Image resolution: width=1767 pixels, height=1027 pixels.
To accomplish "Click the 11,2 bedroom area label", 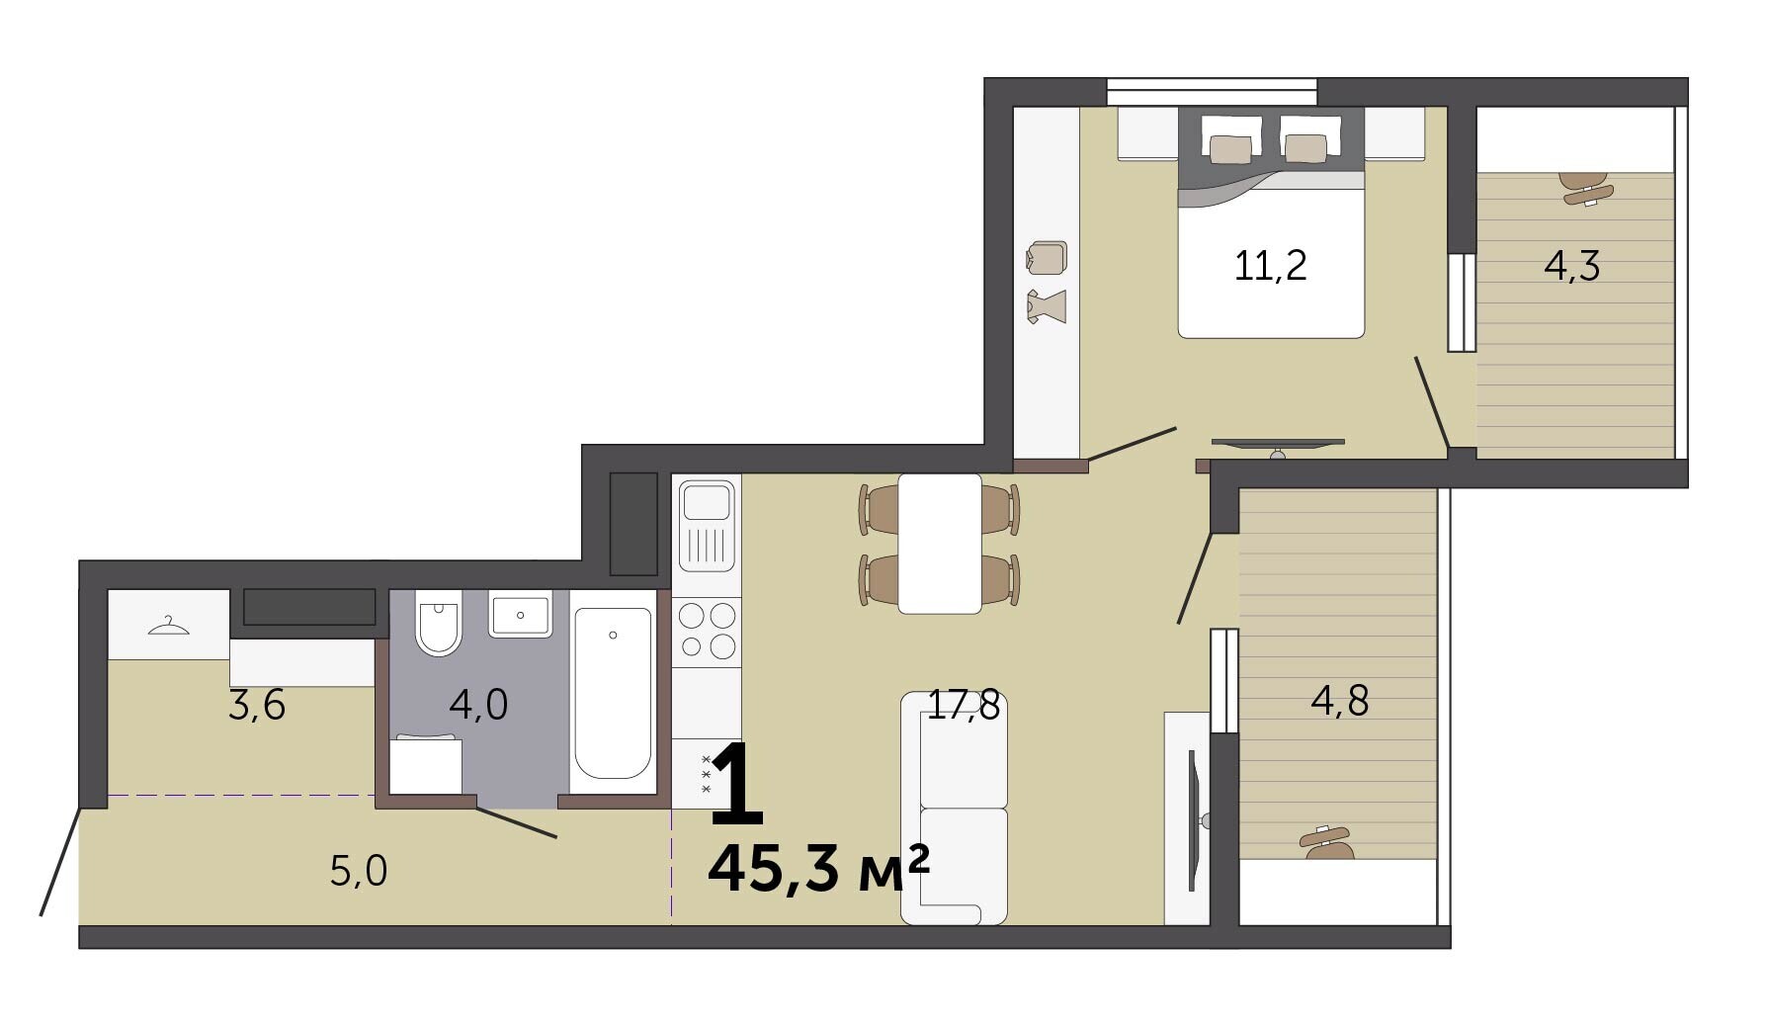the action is click(1270, 266).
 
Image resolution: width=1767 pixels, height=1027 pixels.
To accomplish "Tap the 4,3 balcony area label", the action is click(1571, 266).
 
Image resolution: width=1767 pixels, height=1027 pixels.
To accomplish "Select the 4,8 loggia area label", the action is click(1339, 701).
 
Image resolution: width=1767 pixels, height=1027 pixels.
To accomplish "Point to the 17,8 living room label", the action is click(964, 705).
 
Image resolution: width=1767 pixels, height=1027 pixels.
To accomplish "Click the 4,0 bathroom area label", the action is click(478, 705).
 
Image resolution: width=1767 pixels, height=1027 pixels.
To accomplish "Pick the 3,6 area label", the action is click(257, 706).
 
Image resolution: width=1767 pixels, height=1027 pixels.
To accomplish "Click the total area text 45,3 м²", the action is click(819, 869).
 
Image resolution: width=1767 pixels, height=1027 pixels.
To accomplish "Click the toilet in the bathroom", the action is click(438, 623).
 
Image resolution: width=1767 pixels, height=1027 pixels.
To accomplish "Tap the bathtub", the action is click(613, 693).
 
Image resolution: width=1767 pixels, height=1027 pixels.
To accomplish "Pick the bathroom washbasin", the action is click(521, 615).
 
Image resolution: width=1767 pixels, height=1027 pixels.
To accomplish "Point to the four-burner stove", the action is click(707, 630).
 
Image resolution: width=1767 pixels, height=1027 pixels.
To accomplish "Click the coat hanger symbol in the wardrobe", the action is click(168, 626).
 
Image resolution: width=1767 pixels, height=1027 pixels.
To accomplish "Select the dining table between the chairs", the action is click(940, 544).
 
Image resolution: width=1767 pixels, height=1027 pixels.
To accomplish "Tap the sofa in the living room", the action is click(955, 809).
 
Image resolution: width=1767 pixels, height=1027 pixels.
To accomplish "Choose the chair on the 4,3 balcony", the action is click(1586, 188).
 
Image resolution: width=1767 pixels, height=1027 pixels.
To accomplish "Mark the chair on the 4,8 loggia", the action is click(1325, 841).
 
